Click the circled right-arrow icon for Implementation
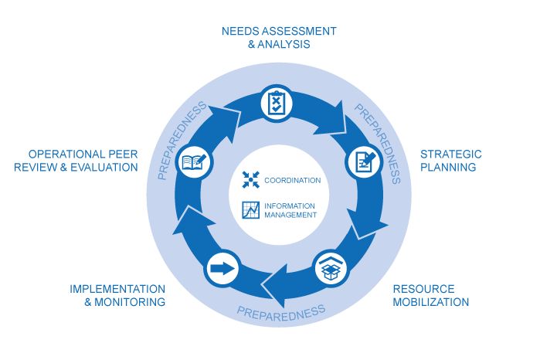(222, 270)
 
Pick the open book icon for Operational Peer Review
(192, 162)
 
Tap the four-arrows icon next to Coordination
(250, 180)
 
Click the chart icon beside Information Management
(250, 209)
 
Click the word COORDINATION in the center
(292, 180)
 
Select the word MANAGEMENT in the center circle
(290, 215)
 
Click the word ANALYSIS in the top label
(284, 45)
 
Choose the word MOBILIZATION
(430, 302)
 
